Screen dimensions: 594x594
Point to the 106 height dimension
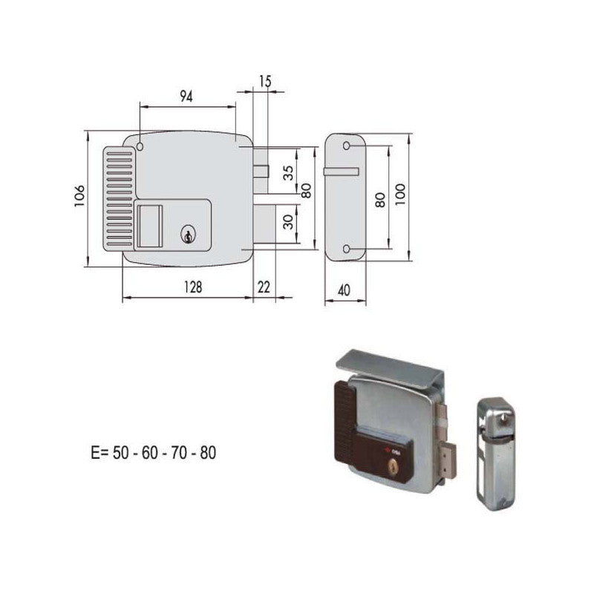(79, 198)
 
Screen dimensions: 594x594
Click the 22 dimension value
(264, 287)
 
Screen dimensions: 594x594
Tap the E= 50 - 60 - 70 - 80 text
(151, 451)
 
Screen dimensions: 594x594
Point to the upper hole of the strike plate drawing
(347, 147)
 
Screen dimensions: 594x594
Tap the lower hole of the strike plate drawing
(347, 249)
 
